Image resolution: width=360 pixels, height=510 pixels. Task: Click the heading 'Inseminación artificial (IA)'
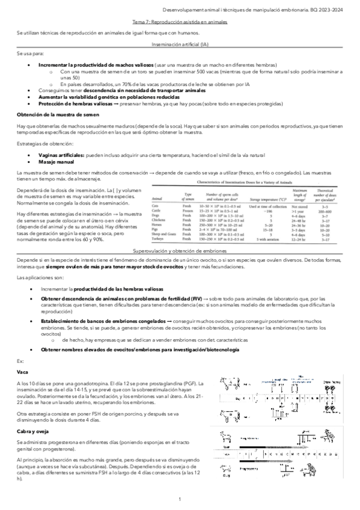tap(180, 45)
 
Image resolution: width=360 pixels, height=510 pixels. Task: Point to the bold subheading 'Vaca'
tap(23, 372)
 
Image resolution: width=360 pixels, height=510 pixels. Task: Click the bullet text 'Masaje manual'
tap(56, 162)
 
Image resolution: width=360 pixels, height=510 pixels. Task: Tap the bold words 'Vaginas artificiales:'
tap(62, 155)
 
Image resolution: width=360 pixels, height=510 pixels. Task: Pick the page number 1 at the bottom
tap(180, 500)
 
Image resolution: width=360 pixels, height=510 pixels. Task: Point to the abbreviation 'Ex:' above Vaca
tap(21, 361)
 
